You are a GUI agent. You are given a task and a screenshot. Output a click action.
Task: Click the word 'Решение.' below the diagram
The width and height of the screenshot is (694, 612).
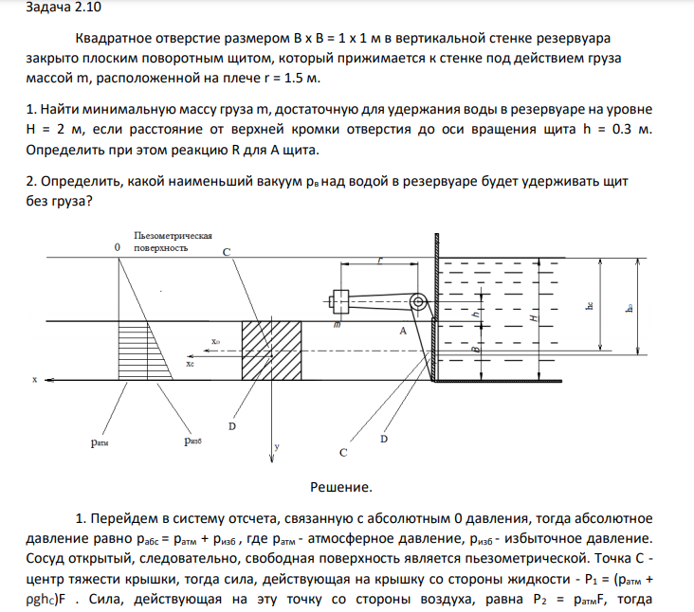[341, 487]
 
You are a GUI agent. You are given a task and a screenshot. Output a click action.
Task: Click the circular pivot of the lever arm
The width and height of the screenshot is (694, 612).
[417, 302]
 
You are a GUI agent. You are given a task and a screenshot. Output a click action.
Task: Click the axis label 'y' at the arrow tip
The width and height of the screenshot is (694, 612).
[276, 443]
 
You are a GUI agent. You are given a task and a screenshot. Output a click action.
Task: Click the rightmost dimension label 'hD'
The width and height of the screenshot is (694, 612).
[630, 306]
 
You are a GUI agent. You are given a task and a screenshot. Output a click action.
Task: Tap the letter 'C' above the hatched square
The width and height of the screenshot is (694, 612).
[226, 252]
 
